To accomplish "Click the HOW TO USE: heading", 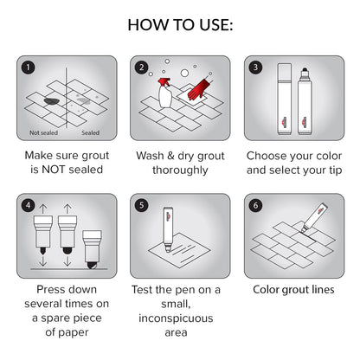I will tap(180, 23).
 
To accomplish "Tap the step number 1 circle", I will tap(29, 67).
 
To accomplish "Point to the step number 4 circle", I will tap(29, 206).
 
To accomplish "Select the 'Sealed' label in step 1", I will tap(91, 133).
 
